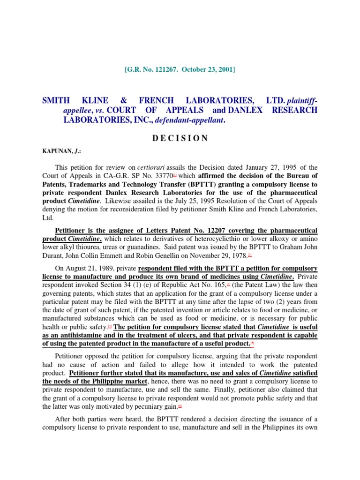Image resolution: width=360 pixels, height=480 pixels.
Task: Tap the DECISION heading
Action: click(x=180, y=138)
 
